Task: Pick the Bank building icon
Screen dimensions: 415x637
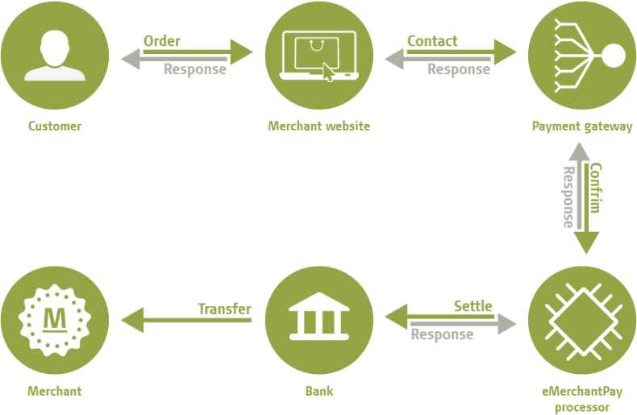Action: pyautogui.click(x=318, y=321)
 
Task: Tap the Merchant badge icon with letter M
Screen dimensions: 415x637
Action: pyautogui.click(x=54, y=321)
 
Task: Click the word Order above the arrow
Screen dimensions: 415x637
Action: pyautogui.click(x=162, y=40)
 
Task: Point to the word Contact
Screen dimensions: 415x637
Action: pyautogui.click(x=432, y=40)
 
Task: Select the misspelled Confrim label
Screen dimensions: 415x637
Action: pyautogui.click(x=596, y=188)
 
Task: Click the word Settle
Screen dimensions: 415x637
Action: pyautogui.click(x=473, y=306)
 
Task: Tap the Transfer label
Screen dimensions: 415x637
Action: pyautogui.click(x=224, y=309)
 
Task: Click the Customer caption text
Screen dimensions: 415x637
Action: pyautogui.click(x=54, y=127)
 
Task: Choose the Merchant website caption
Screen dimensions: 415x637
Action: pyautogui.click(x=318, y=127)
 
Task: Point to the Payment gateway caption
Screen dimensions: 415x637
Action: pyautogui.click(x=582, y=127)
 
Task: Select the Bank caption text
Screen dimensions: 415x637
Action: pyautogui.click(x=318, y=392)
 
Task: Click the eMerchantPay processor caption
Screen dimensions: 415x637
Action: pyautogui.click(x=582, y=399)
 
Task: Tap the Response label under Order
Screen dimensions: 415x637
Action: pyautogui.click(x=194, y=69)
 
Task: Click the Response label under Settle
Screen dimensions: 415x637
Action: pyautogui.click(x=442, y=334)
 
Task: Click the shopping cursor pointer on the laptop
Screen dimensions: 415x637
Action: pyautogui.click(x=329, y=73)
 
